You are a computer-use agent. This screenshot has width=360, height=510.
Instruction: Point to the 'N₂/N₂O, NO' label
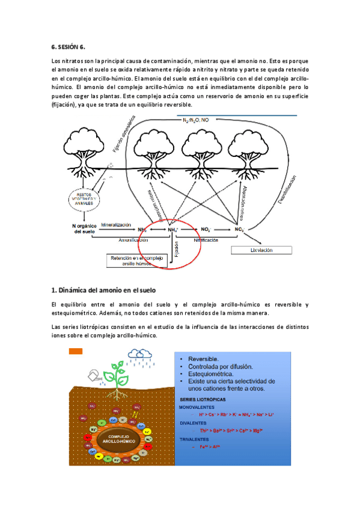(x=196, y=120)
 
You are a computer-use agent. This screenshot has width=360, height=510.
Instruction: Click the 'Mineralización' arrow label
(x=116, y=224)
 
